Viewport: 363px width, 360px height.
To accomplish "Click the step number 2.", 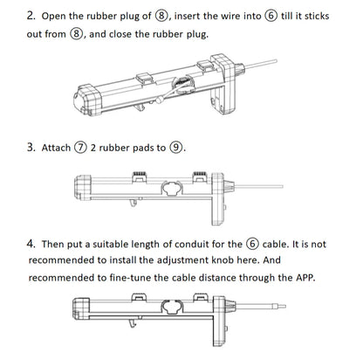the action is [31, 16].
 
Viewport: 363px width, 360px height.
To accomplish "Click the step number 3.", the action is [31, 148].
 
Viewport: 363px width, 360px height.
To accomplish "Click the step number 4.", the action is [31, 244].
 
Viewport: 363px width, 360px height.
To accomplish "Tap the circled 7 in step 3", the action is [80, 148].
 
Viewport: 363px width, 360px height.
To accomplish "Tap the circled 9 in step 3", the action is [176, 148].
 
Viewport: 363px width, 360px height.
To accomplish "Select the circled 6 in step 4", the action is [252, 244].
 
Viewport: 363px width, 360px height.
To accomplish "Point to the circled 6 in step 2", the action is [271, 16].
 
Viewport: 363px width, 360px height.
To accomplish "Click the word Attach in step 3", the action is [56, 148].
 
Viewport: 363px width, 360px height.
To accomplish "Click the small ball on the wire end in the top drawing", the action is [159, 100].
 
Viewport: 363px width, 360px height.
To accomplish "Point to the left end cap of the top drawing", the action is [87, 100].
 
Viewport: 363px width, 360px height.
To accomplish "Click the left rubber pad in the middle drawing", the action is [140, 177].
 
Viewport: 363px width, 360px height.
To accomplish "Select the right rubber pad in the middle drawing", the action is [200, 177].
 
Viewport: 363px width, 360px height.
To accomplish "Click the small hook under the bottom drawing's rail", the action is [133, 322].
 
